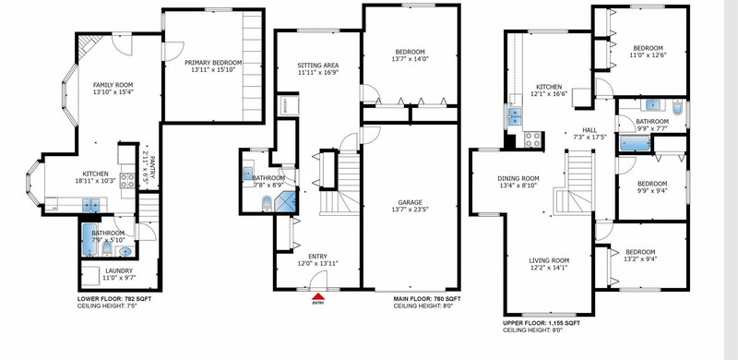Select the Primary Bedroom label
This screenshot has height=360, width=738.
tap(212, 62)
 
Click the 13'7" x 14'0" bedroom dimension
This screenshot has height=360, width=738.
tap(411, 58)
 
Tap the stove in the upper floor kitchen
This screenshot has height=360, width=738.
tap(533, 140)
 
